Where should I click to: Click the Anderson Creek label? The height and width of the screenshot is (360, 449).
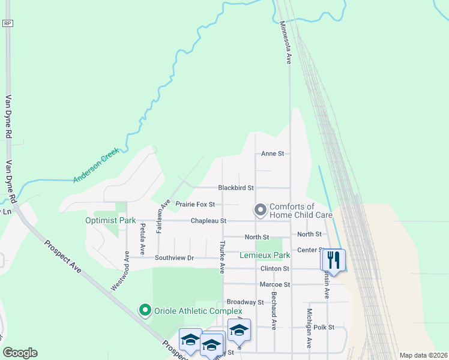click(x=97, y=166)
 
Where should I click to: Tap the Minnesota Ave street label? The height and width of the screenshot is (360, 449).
click(x=287, y=43)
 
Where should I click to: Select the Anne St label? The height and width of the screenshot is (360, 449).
click(x=272, y=154)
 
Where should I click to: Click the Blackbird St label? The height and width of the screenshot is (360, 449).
click(x=236, y=188)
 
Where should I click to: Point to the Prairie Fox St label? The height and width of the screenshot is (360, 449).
click(x=195, y=205)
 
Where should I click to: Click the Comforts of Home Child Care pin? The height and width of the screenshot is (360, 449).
click(x=260, y=210)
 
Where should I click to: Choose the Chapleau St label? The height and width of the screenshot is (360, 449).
click(x=208, y=221)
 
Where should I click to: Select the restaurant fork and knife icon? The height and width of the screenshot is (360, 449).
click(x=334, y=260)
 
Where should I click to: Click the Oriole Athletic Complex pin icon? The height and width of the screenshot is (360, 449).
click(x=145, y=310)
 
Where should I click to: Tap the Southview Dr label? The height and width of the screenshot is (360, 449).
click(x=175, y=258)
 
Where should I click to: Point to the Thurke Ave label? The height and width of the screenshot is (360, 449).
click(x=222, y=257)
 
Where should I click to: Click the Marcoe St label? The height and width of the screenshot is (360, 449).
click(x=275, y=284)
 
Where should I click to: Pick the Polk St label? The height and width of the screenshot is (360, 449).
click(x=339, y=328)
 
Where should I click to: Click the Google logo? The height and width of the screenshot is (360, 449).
click(x=20, y=353)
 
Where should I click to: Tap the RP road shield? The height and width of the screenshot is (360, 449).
click(x=7, y=23)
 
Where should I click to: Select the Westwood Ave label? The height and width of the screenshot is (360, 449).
click(x=118, y=271)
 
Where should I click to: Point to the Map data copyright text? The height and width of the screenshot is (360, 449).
click(x=423, y=355)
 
